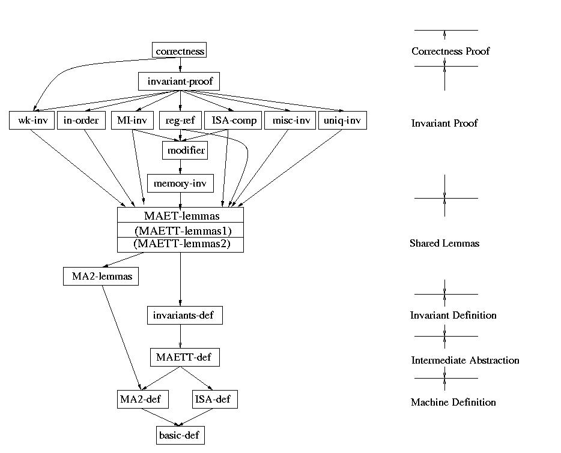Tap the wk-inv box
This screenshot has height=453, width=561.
32,121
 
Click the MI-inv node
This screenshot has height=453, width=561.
132,121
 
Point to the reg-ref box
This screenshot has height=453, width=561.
180,121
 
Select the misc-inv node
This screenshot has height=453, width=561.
290,121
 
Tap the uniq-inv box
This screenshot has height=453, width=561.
342,121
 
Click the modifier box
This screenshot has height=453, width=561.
184,151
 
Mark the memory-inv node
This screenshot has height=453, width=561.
180,184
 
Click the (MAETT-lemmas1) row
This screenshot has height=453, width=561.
180,230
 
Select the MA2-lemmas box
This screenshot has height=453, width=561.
102,277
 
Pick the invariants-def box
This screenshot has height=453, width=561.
180,314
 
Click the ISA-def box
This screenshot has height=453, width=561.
214,399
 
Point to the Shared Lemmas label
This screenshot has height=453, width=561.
444,244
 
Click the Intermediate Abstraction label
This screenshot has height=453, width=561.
465,361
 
